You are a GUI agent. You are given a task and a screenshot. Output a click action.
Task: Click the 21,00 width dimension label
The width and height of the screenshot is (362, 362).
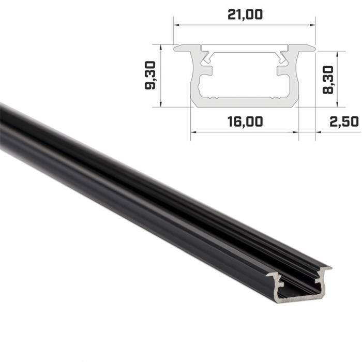(x=245, y=14)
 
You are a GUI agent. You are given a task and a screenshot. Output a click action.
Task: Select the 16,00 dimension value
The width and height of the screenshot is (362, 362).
(x=245, y=122)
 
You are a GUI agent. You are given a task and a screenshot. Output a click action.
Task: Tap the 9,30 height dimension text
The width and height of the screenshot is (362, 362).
(x=151, y=78)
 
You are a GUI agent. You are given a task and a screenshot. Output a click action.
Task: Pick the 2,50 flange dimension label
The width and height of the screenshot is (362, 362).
(x=343, y=122)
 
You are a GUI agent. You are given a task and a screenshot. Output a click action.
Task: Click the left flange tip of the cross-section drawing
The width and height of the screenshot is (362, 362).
(x=177, y=48)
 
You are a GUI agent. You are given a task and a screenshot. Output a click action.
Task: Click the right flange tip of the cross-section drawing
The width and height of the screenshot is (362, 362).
(x=312, y=48)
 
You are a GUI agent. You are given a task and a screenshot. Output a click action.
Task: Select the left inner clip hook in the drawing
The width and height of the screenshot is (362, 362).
(x=208, y=61)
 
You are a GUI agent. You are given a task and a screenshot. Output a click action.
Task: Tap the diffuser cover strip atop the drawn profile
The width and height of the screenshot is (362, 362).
(x=245, y=48)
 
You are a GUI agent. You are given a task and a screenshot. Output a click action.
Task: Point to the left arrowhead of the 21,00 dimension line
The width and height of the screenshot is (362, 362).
(x=176, y=24)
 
